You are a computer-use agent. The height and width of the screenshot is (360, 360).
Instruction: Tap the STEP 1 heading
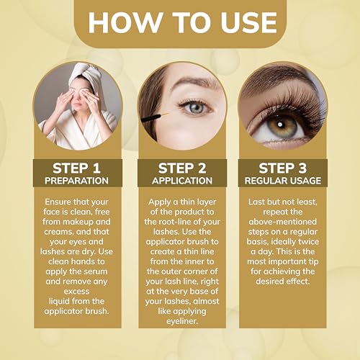(76, 168)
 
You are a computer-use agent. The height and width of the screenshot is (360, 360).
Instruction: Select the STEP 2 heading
(182, 168)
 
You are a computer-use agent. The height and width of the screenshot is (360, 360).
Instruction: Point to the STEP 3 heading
(283, 168)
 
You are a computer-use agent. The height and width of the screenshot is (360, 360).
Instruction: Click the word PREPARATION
(76, 181)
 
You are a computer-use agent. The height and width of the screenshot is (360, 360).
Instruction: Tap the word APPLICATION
(182, 181)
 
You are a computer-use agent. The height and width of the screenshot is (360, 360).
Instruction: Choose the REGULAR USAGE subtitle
(283, 181)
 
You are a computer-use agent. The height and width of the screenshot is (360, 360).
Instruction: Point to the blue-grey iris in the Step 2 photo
(196, 108)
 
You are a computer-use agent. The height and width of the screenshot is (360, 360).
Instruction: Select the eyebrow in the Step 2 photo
(192, 81)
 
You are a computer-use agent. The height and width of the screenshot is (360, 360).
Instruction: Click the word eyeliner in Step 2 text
(182, 321)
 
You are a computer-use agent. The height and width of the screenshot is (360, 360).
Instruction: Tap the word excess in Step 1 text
(76, 292)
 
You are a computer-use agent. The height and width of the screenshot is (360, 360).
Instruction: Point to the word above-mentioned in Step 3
(283, 222)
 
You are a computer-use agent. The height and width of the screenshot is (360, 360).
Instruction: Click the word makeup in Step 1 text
(76, 222)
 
